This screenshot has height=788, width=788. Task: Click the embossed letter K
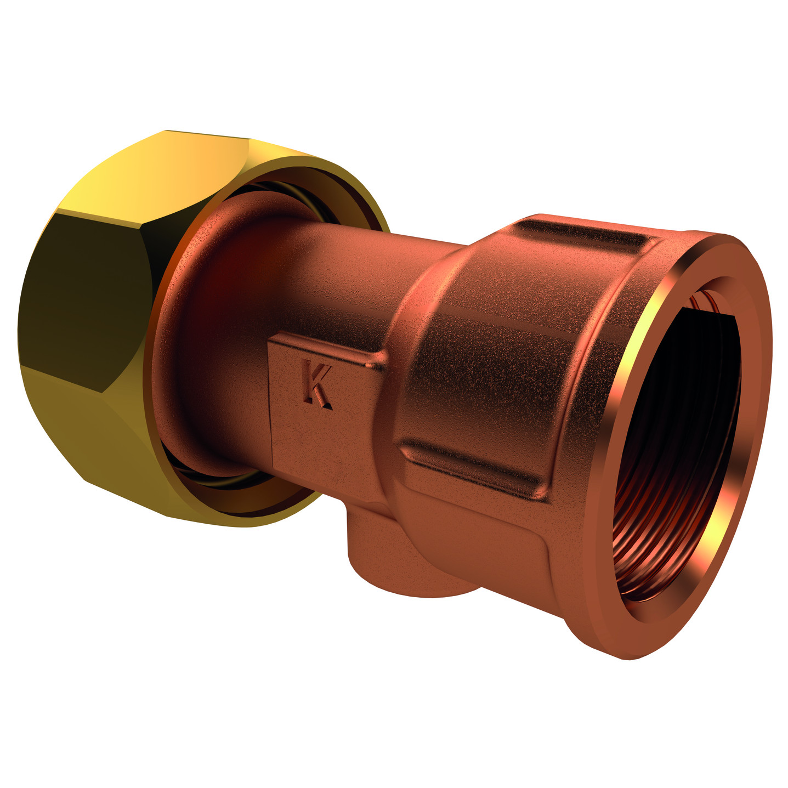point(317,385)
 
